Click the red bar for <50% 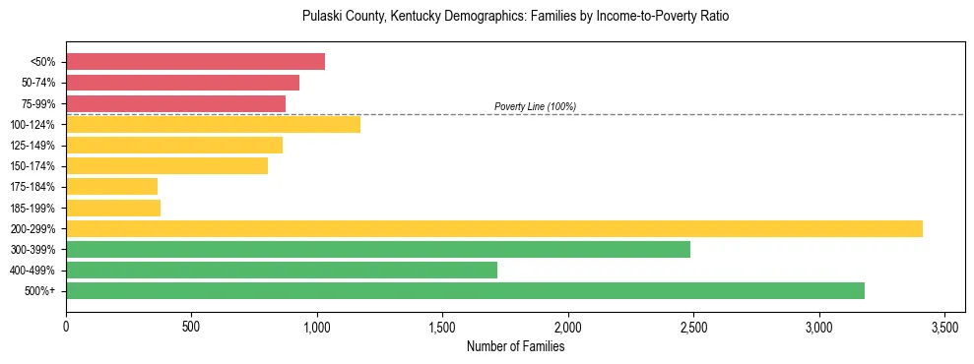[x=195, y=62]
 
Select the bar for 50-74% [x=182, y=83]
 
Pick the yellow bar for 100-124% [x=213, y=124]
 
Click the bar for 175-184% [x=111, y=186]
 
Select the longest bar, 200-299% [x=494, y=228]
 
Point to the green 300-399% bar [x=378, y=249]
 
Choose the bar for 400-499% [x=282, y=270]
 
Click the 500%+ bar [x=465, y=290]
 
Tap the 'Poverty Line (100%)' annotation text [x=535, y=106]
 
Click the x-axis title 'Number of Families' [x=515, y=346]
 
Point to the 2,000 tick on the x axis [x=568, y=326]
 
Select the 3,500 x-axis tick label [x=944, y=326]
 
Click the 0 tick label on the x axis [x=66, y=326]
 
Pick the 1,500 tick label [x=442, y=326]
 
